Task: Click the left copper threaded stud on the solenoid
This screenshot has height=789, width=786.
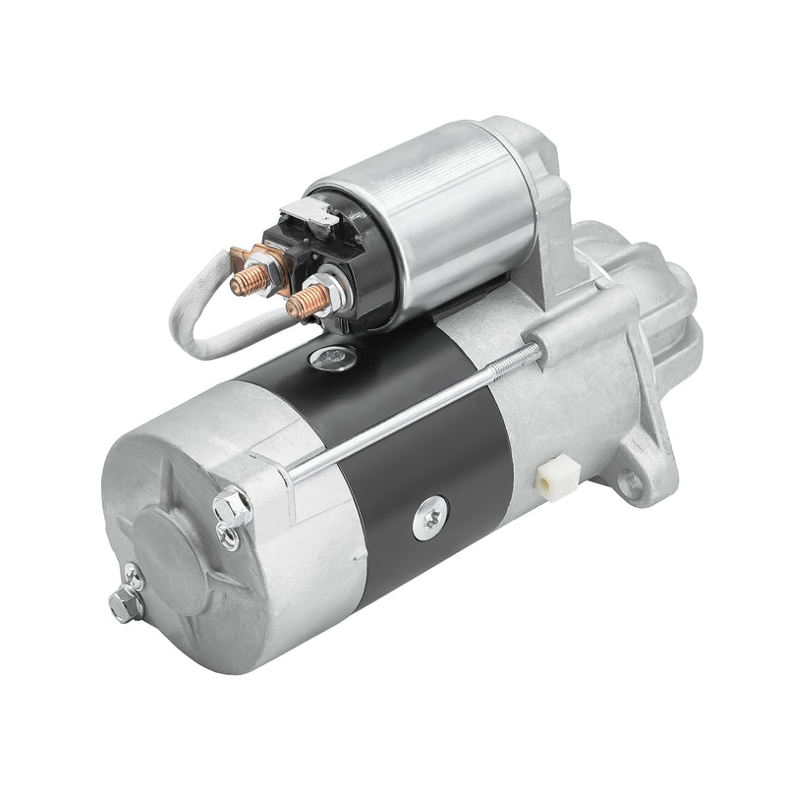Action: [243, 281]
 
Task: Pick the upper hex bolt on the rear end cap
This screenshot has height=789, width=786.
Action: [232, 505]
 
